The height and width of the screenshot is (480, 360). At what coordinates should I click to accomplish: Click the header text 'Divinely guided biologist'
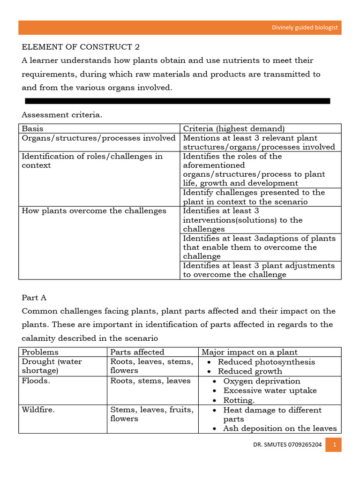[x=305, y=28]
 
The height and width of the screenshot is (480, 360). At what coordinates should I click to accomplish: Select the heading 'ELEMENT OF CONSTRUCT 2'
[x=81, y=47]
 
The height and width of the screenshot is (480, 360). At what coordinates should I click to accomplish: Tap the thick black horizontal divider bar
[x=177, y=101]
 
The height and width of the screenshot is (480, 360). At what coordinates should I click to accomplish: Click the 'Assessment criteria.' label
[x=61, y=115]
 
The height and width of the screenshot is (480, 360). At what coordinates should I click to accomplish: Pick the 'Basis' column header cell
[x=32, y=128]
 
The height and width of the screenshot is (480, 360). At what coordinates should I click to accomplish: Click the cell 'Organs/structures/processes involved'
[x=98, y=138]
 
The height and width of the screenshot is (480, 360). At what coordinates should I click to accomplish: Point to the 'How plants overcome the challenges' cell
[x=94, y=211]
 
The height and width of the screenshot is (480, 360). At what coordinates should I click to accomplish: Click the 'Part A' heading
[x=34, y=298]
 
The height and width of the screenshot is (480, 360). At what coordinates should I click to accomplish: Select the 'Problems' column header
[x=40, y=352]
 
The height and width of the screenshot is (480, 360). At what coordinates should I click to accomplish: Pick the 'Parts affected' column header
[x=137, y=352]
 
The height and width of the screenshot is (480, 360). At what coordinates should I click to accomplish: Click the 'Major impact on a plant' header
[x=249, y=352]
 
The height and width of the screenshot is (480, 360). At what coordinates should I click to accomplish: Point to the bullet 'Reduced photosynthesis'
[x=266, y=362]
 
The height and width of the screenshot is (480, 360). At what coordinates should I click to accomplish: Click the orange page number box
[x=335, y=445]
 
